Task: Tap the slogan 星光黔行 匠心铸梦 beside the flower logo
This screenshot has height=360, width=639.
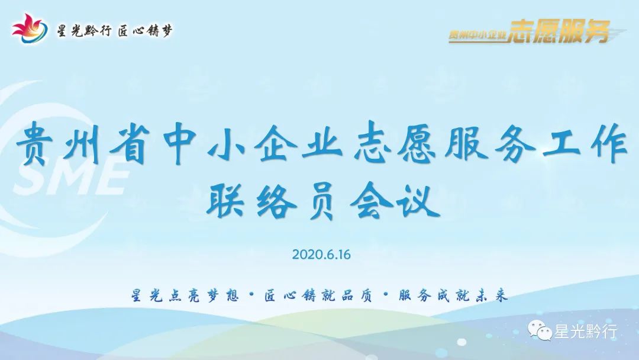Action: (x=115, y=31)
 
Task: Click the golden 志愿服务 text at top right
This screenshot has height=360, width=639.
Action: (x=559, y=31)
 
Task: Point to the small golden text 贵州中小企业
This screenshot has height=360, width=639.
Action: (x=477, y=35)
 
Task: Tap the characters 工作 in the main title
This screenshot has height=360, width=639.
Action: (x=585, y=144)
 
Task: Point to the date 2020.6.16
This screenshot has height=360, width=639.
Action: (x=321, y=255)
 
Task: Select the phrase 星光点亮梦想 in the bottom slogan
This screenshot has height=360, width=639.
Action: (x=185, y=295)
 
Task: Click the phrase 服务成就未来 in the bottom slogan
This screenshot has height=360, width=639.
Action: (x=453, y=295)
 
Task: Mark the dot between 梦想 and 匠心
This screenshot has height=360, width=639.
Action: (x=251, y=295)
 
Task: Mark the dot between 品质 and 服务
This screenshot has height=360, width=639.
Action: (x=386, y=295)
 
